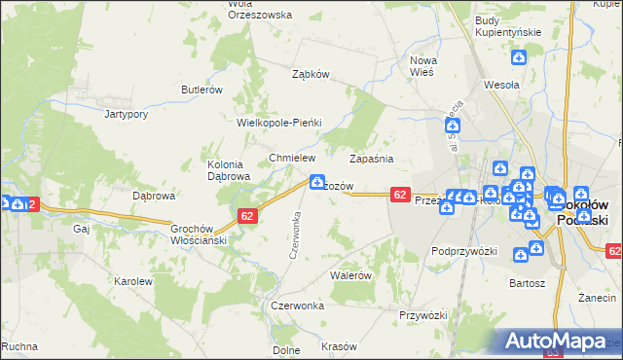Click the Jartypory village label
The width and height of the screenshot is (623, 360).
click(126, 114)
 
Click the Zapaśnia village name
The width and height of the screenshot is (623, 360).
click(371, 158)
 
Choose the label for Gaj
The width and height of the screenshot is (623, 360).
click(81, 229)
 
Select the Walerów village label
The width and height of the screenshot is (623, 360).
click(351, 275)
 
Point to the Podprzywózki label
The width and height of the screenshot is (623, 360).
click(464, 251)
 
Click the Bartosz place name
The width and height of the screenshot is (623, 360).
click(527, 283)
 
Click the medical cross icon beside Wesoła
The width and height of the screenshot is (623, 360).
click(520, 58)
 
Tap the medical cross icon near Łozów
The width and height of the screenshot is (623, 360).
click(316, 181)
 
